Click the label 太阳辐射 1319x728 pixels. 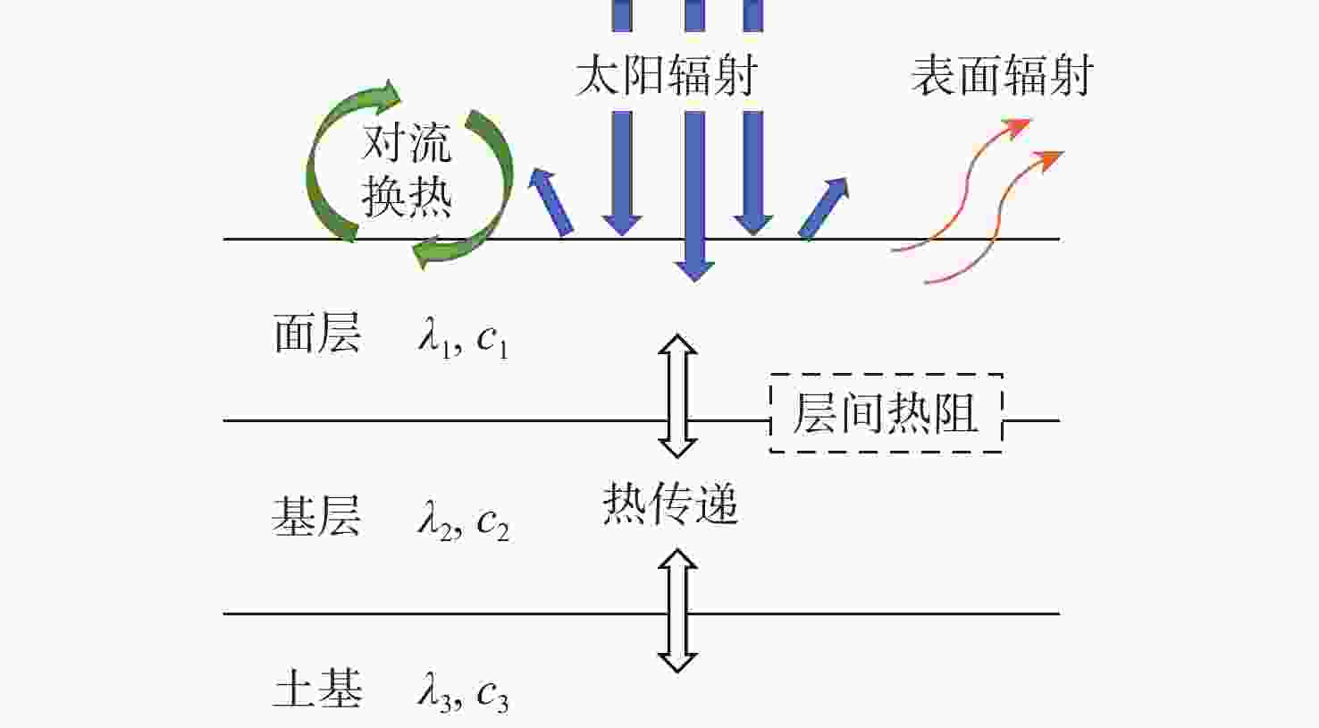tap(666, 75)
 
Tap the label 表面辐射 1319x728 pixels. tap(1003, 75)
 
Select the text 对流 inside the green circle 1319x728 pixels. tap(407, 142)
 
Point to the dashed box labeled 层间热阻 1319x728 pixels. tap(886, 412)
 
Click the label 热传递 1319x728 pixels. tap(670, 504)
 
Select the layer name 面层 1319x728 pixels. tap(317, 334)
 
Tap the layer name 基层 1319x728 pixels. tap(317, 516)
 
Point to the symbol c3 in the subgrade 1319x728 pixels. tap(493, 698)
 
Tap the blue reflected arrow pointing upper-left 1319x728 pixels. tap(550, 202)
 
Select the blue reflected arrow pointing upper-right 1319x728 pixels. tap(824, 208)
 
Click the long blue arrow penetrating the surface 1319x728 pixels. tap(695, 197)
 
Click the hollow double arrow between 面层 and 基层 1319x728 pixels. tap(677, 396)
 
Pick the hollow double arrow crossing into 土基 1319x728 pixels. tap(677, 611)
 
